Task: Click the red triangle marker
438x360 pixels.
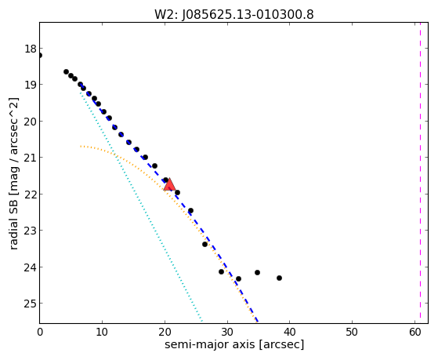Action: (169, 184)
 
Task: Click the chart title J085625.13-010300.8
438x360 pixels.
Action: (248, 14)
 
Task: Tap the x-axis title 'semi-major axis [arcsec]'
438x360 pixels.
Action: (234, 344)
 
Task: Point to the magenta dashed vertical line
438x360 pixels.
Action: (420, 173)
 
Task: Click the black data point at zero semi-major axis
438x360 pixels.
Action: (40, 56)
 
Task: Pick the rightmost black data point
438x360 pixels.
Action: (279, 278)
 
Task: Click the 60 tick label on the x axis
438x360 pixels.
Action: (415, 332)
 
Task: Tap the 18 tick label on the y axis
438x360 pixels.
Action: (31, 49)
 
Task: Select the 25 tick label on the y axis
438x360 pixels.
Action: (31, 303)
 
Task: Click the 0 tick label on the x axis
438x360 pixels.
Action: (40, 332)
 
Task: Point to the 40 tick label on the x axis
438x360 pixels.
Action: (290, 332)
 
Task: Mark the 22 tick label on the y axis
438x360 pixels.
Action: (31, 194)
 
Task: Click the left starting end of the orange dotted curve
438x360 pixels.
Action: (81, 147)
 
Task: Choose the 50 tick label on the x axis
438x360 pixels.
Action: (352, 332)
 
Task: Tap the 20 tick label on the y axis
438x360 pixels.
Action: (31, 121)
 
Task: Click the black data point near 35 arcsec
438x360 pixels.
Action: (257, 272)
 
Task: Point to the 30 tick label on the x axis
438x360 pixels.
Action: (228, 332)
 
